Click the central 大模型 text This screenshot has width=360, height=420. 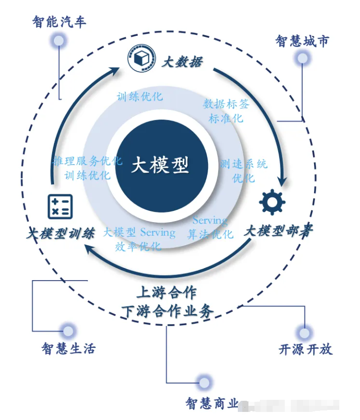coord(160,166)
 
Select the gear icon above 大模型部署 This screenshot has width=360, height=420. coord(272,202)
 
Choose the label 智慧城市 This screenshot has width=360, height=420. coord(302,41)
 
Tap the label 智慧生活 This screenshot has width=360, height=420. coord(68,349)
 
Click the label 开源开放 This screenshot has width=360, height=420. coord(305,349)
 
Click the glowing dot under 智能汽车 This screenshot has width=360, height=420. coord(59,40)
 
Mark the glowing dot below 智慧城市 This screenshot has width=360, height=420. coord(302,59)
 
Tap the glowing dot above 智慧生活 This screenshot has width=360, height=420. coord(68,331)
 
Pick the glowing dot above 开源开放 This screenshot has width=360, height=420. coord(304,333)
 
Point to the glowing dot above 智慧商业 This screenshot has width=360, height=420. coord(204,382)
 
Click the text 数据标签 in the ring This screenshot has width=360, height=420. coord(226,104)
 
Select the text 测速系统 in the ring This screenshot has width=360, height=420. coord(243,165)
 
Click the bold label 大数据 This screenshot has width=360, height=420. coord(182,62)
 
